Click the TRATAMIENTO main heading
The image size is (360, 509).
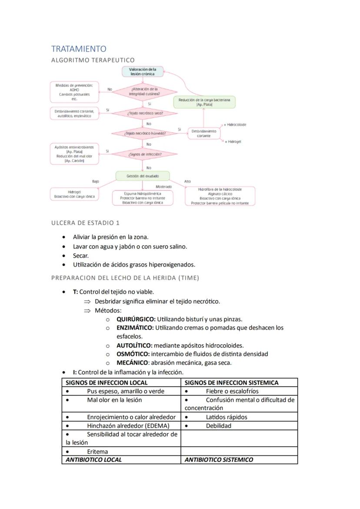79,49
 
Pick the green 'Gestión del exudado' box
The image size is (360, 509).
142,176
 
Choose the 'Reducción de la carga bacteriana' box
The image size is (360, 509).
204,102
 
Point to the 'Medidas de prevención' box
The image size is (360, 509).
74,92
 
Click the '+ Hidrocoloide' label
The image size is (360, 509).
235,125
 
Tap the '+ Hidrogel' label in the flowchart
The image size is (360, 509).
233,142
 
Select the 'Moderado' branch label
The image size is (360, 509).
164,186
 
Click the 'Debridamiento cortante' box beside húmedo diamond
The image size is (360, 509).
203,133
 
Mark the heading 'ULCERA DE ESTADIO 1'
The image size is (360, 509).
85,223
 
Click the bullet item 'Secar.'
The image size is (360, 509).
81,256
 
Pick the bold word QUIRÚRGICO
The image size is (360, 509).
136,319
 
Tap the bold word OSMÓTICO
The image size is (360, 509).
133,354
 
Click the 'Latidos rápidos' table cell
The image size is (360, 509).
226,417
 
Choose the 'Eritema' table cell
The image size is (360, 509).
97,452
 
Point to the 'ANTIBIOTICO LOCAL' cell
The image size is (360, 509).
93,459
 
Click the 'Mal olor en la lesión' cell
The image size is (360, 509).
114,400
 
